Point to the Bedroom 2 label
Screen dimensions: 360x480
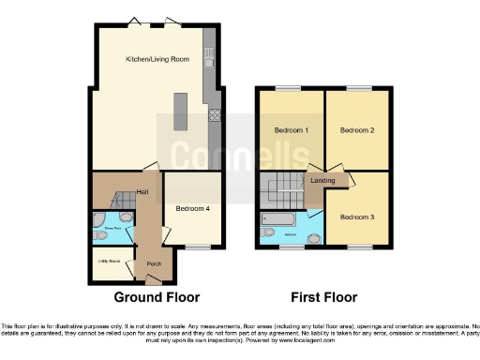point(357,129)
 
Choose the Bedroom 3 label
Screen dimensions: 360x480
point(357,217)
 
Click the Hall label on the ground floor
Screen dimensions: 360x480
point(142,192)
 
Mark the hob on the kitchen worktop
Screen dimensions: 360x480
point(213,116)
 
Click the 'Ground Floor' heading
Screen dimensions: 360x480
point(157,297)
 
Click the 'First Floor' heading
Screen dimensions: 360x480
point(325,297)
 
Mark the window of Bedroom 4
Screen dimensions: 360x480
point(197,247)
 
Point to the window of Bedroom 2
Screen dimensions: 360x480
point(357,88)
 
